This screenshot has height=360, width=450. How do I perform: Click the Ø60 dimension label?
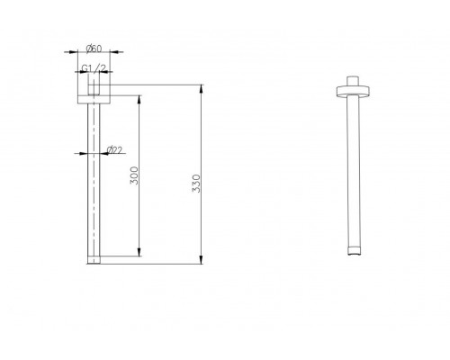pos(94,49)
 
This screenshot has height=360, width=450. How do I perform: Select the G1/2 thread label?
pos(94,68)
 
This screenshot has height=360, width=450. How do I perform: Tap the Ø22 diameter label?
pos(114,149)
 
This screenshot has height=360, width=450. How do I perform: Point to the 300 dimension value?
pos(135,175)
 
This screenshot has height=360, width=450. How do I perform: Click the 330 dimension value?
pos(196,184)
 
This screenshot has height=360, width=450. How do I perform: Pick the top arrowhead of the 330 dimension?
pos(202,89)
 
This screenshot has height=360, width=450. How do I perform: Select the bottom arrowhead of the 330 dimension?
pos(202,260)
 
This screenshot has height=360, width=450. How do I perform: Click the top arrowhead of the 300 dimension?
pos(139,100)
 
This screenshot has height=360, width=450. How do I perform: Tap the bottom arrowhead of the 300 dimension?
pos(139,252)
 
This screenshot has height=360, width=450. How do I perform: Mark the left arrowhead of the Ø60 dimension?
pos(74,52)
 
